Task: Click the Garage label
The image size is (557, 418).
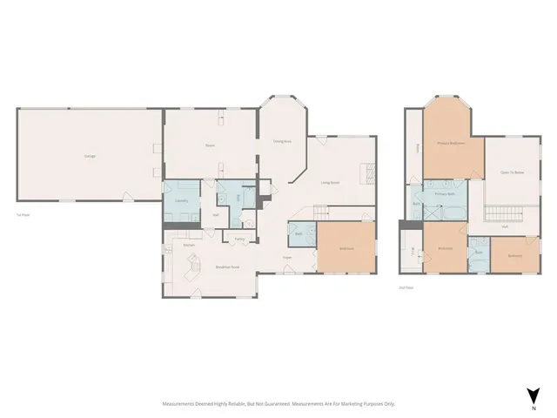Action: pyautogui.click(x=90, y=156)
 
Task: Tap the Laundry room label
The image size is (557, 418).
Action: pyautogui.click(x=182, y=201)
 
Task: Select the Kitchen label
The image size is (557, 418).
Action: pyautogui.click(x=188, y=246)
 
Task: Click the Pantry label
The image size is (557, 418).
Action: pyautogui.click(x=238, y=238)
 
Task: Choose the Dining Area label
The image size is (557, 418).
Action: pyautogui.click(x=281, y=141)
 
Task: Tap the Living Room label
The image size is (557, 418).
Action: pyautogui.click(x=330, y=183)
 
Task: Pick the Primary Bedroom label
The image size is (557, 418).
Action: pyautogui.click(x=450, y=142)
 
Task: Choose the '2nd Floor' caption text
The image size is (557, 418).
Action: pyautogui.click(x=405, y=287)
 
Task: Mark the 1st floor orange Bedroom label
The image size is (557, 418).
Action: pyautogui.click(x=346, y=248)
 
